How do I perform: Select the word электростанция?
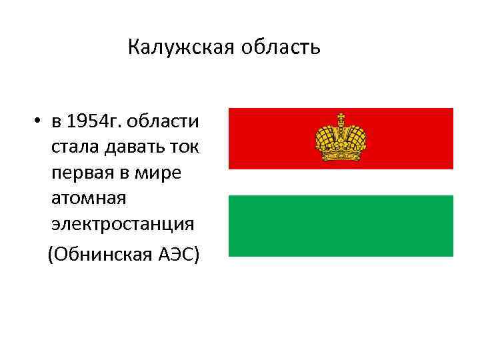[123, 224]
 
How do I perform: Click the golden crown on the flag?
[341, 139]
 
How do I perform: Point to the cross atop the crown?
[341, 119]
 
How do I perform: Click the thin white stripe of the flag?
[341, 181]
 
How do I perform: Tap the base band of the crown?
[341, 157]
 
